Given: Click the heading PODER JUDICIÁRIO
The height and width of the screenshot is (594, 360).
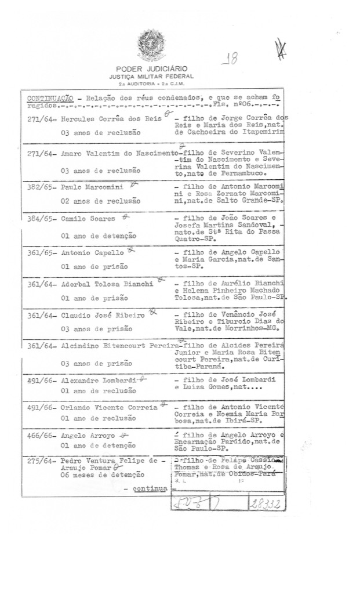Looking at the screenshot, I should tap(151, 69).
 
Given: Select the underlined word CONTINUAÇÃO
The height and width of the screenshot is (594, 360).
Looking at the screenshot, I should tap(49, 98).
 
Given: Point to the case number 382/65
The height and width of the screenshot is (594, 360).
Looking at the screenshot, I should tap(41, 187).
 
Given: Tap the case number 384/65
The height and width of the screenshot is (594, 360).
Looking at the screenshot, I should tap(41, 219).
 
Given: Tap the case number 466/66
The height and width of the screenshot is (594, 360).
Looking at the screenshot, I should tap(41, 435).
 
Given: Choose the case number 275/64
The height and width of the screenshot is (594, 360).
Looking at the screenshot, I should tap(41, 462).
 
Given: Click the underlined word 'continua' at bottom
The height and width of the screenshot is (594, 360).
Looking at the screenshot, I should tap(150, 488).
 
